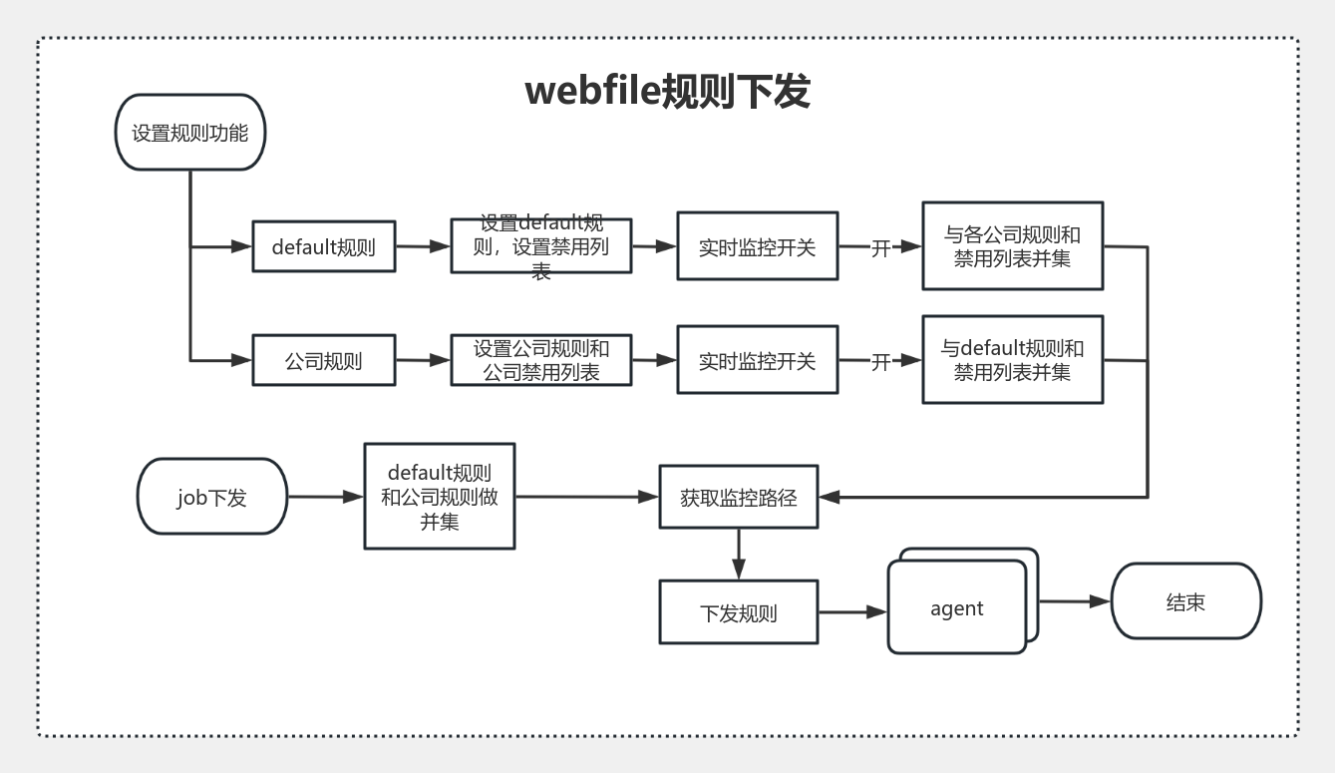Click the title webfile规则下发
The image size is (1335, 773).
[x=667, y=91]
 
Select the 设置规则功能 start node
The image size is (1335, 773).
[x=190, y=133]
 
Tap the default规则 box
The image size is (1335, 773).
[x=324, y=246]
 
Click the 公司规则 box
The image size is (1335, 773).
[x=324, y=360]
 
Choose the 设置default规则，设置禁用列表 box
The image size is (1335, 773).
[x=540, y=245]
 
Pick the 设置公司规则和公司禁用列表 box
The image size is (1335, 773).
[x=540, y=360]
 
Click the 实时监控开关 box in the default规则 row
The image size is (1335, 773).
[x=757, y=246]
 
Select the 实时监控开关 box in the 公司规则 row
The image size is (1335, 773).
[x=757, y=360]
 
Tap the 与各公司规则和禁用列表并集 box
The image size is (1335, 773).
[x=1012, y=246]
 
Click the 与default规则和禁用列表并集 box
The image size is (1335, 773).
[x=1012, y=360]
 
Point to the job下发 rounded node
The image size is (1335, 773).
[x=211, y=497]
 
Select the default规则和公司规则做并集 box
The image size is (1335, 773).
[x=439, y=496]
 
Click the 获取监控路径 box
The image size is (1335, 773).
[x=739, y=497]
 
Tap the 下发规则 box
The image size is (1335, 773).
[x=739, y=612]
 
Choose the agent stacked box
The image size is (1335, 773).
[x=957, y=607]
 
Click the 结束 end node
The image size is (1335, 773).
[x=1185, y=601]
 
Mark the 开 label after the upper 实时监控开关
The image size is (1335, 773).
[x=880, y=247]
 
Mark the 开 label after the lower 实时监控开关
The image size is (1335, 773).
[x=880, y=361]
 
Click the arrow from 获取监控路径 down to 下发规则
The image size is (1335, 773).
[x=739, y=554]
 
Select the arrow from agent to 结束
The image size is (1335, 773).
[x=1075, y=601]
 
